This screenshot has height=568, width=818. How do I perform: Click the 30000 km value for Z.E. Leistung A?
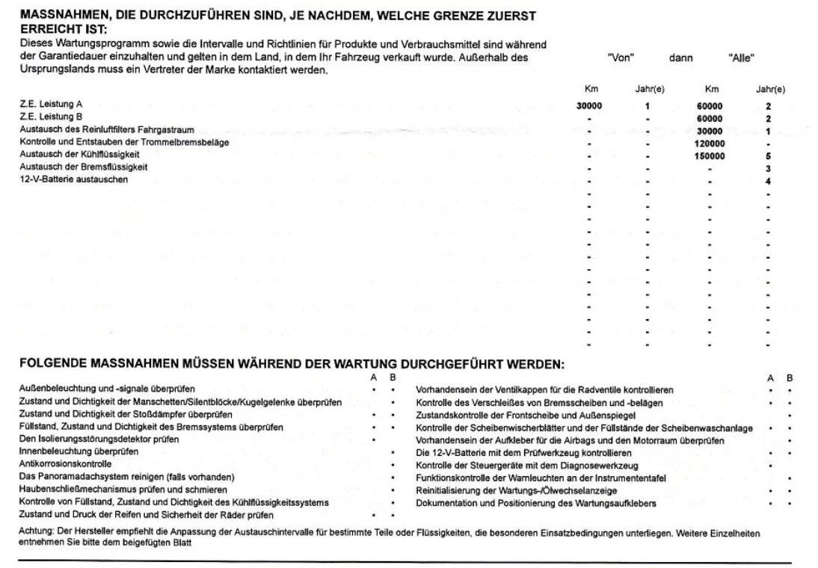pyautogui.click(x=589, y=106)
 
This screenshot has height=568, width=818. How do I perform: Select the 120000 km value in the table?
pyautogui.click(x=710, y=143)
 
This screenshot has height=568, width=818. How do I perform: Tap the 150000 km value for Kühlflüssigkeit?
pyautogui.click(x=710, y=156)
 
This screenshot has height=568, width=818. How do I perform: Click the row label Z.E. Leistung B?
pyautogui.click(x=51, y=117)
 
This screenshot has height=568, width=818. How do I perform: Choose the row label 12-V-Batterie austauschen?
pyautogui.click(x=73, y=179)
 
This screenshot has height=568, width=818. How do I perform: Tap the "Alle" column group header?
pyautogui.click(x=740, y=58)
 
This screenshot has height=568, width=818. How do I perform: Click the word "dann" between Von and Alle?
pyautogui.click(x=681, y=58)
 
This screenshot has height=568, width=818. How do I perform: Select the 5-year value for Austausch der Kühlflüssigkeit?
pyautogui.click(x=768, y=156)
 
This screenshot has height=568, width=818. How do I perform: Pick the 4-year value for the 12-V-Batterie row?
pyautogui.click(x=768, y=181)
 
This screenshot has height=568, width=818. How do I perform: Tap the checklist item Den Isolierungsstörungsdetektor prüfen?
pyautogui.click(x=99, y=439)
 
